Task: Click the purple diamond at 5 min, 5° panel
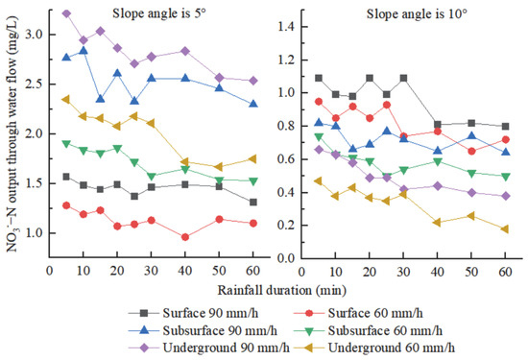[x=66, y=13]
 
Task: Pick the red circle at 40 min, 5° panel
[x=184, y=237]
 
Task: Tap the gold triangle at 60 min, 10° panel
[x=506, y=228]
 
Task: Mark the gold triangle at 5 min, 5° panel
[x=66, y=99]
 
